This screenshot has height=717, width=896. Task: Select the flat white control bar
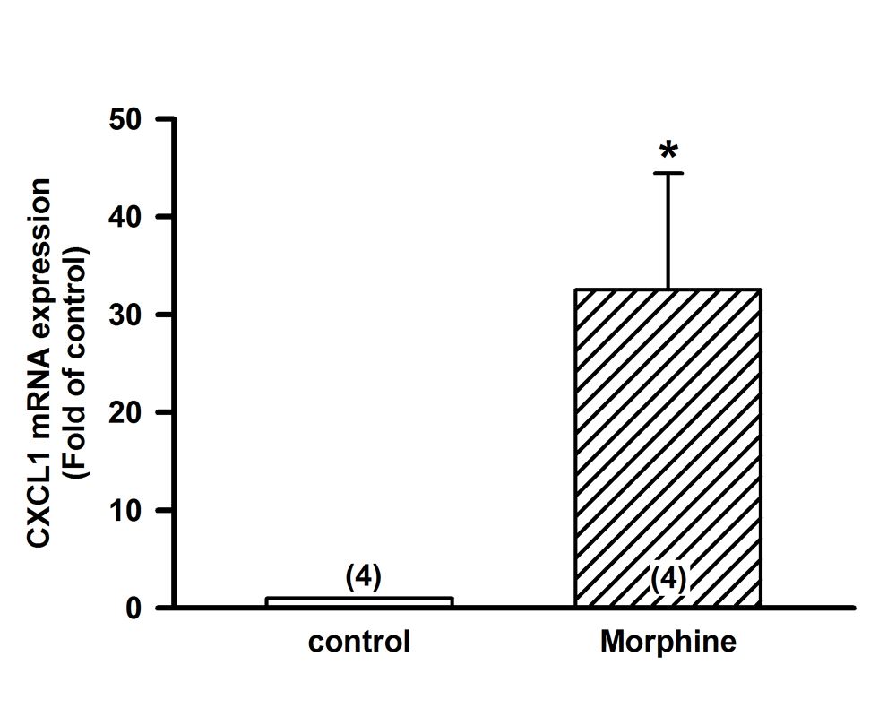pyautogui.click(x=359, y=601)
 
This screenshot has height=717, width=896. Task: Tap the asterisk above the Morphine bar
pyautogui.click(x=668, y=151)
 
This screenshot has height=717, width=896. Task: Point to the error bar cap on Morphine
pyautogui.click(x=668, y=173)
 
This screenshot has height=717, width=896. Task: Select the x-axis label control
pyautogui.click(x=359, y=643)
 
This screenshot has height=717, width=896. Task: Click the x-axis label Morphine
pyautogui.click(x=668, y=643)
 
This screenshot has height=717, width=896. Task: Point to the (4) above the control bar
pyautogui.click(x=364, y=578)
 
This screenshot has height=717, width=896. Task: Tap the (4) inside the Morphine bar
pyautogui.click(x=668, y=579)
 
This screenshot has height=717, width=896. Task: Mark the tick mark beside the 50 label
pyautogui.click(x=165, y=119)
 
